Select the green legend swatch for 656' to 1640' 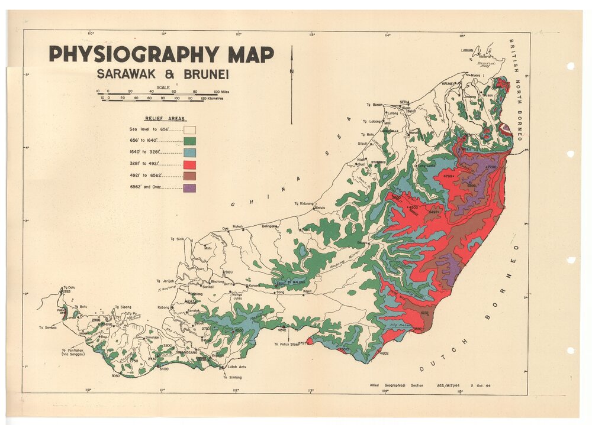[x=189, y=141]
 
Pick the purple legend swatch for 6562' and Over [x=189, y=188]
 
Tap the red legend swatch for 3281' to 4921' [x=189, y=164]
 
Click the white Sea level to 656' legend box [x=189, y=129]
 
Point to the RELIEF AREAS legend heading [x=165, y=118]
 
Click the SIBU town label [x=229, y=272]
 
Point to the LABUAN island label [x=468, y=51]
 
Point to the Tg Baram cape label [x=374, y=105]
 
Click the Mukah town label [x=236, y=226]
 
